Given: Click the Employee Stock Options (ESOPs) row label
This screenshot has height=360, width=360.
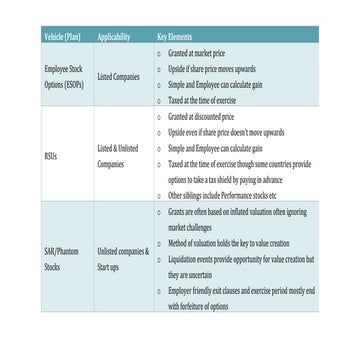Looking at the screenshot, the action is click(64, 77).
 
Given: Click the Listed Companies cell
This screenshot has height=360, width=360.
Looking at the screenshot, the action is click(118, 77).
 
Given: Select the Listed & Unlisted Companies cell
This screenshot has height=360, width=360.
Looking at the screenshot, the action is click(117, 155).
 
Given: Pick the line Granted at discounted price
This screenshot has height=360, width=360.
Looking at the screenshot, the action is click(203, 117).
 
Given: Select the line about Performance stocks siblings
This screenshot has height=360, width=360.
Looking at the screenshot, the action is click(222, 195).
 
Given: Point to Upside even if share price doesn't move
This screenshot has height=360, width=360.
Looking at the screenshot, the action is click(226, 132).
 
